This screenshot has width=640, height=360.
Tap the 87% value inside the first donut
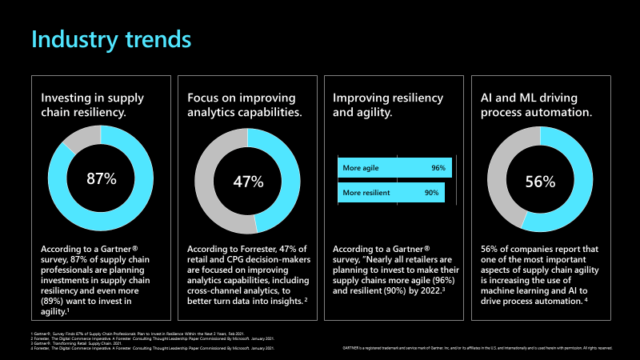101,179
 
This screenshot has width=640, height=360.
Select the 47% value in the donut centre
247,182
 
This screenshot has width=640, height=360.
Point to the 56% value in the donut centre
540,182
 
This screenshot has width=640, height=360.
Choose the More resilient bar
391,193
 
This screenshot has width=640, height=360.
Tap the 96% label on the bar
438,168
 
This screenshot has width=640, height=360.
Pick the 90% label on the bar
431,193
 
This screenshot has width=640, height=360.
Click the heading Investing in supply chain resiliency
93,105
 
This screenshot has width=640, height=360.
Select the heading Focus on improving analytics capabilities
244,105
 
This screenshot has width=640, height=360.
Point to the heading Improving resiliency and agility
387,105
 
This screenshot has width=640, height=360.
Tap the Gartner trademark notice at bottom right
477,348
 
